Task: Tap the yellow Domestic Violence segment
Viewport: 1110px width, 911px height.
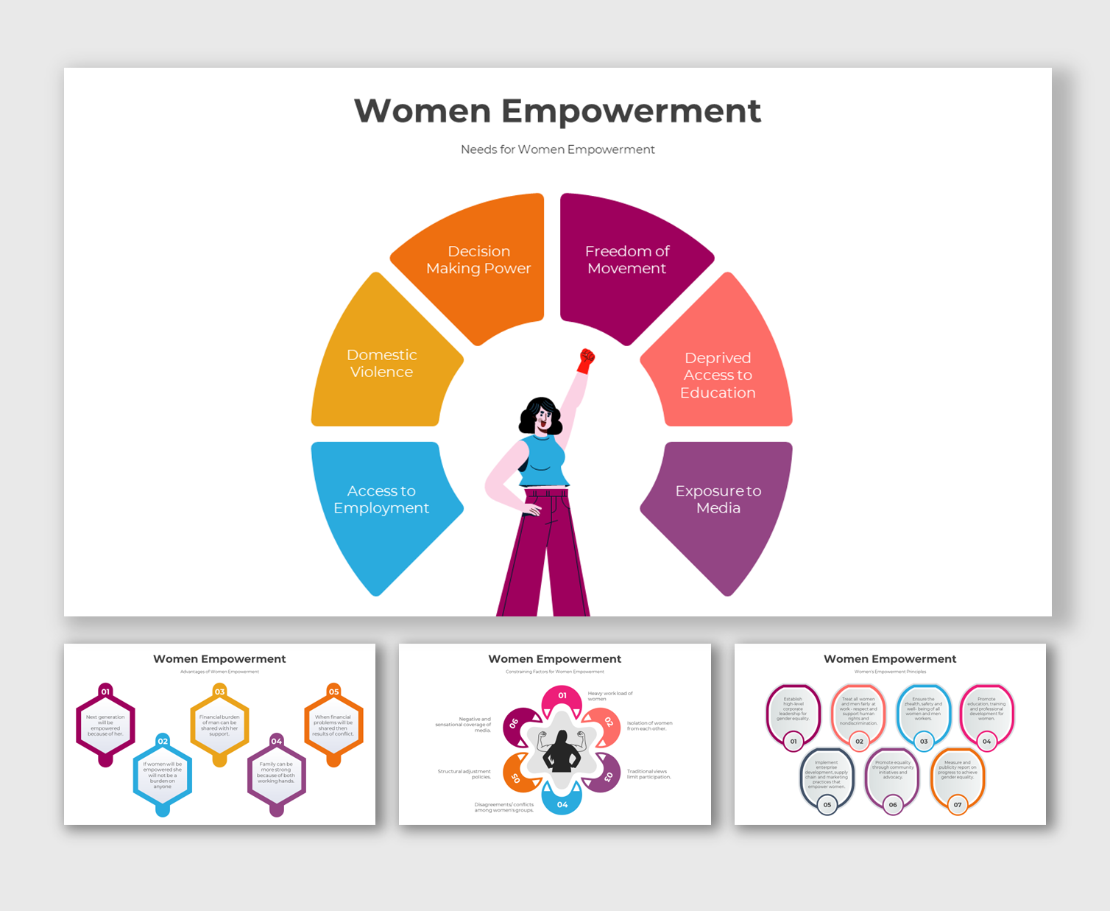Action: pos(381,364)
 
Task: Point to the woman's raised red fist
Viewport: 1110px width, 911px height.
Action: pos(586,359)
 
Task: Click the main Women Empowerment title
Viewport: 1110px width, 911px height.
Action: pos(557,111)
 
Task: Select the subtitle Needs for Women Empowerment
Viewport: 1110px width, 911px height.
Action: pos(557,150)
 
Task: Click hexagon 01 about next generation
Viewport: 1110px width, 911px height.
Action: pos(106,725)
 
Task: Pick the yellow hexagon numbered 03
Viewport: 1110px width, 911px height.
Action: pos(219,725)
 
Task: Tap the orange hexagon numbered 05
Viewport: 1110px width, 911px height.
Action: pos(333,725)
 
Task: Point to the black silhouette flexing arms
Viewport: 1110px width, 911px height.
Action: pos(562,751)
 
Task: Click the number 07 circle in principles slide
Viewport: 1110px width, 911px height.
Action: pos(958,805)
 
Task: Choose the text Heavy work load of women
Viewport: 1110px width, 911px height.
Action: pos(609,696)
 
